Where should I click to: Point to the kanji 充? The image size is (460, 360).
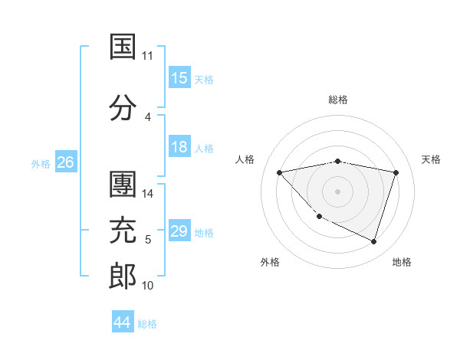(123, 231)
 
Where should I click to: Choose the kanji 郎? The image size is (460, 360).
(123, 276)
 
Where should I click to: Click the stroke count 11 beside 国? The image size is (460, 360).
(148, 56)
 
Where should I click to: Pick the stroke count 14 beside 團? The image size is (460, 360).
(148, 194)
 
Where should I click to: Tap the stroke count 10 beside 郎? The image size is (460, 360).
(148, 286)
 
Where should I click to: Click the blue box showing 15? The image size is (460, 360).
(179, 78)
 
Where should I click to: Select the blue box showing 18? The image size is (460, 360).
(179, 147)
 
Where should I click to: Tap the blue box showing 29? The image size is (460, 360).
(179, 231)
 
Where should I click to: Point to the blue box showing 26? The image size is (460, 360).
(65, 162)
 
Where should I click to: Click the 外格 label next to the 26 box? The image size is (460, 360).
(41, 163)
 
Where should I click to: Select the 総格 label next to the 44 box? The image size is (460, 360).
(147, 324)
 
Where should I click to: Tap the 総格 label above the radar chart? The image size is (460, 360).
(337, 100)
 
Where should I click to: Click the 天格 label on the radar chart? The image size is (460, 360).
(432, 159)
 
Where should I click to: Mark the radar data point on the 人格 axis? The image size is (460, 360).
(279, 172)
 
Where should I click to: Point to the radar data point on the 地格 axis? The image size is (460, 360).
(373, 241)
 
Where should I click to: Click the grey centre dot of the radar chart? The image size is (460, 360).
(337, 191)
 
